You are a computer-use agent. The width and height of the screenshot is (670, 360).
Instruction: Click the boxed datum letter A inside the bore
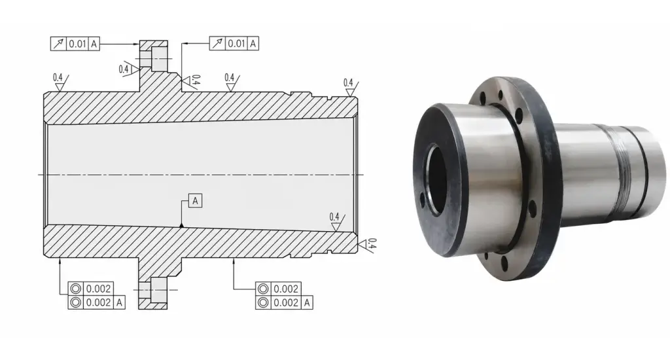195,201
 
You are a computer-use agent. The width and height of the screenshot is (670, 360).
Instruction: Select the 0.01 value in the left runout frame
78,44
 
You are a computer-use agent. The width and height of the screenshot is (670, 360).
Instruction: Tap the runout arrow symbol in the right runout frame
217,44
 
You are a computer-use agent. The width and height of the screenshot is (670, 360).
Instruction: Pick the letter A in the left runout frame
94,44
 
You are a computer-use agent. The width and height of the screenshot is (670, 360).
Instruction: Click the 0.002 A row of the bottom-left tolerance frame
97,302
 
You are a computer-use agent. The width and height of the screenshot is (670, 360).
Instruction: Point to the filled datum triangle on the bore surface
182,225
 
